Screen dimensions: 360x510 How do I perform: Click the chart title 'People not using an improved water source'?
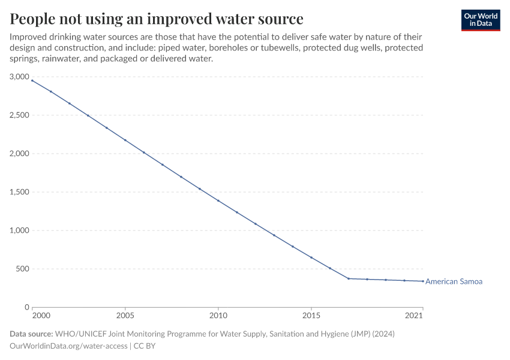click(157, 19)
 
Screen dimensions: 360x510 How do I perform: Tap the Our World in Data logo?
click(480, 20)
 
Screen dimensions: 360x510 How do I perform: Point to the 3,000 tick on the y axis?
click(19, 77)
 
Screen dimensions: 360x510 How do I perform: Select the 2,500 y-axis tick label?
click(19, 115)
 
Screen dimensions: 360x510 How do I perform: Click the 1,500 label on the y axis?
click(19, 192)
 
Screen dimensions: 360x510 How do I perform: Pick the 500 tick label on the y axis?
click(23, 269)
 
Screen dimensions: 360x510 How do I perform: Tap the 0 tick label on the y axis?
click(26, 307)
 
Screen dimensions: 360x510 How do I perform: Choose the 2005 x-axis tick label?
click(125, 315)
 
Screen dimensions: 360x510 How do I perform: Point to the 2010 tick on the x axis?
click(218, 315)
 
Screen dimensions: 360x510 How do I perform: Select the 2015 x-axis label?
click(311, 315)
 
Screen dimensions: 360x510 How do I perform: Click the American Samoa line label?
click(454, 281)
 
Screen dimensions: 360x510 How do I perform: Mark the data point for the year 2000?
click(32, 80)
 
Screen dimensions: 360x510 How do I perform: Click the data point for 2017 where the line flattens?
click(349, 278)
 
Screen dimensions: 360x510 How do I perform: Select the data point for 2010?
click(218, 200)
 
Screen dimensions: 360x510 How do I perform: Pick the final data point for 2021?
click(423, 281)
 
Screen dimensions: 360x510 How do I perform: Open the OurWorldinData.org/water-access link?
click(68, 346)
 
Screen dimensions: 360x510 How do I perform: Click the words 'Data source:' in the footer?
click(31, 334)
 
